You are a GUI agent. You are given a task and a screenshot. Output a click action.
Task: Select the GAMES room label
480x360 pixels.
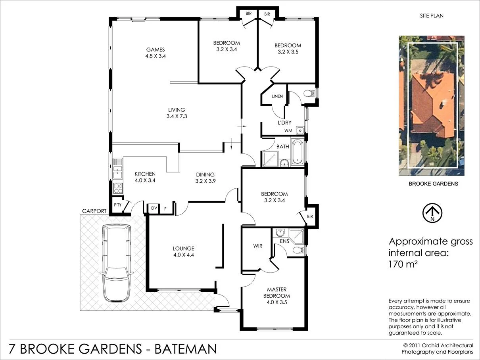(x=156, y=50)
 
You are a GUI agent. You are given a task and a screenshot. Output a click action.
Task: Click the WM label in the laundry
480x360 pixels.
(x=288, y=130)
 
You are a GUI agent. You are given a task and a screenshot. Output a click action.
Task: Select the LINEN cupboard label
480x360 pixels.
(x=277, y=96)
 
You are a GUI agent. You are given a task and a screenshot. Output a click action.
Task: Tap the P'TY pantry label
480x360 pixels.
(x=117, y=205)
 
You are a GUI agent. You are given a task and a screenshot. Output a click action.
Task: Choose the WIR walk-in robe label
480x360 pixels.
(x=258, y=246)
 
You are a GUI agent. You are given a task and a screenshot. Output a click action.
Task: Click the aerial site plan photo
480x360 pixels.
(x=432, y=106)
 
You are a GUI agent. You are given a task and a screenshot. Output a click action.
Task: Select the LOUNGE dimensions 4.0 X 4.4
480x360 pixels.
(x=183, y=255)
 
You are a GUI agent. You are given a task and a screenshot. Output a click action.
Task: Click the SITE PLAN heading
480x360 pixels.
(x=432, y=16)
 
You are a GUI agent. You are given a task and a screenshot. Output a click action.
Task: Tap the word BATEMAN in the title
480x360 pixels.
(x=185, y=349)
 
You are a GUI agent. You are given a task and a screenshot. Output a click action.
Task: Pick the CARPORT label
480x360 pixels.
(x=94, y=211)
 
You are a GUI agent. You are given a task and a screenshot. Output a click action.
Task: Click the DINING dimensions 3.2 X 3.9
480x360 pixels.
(x=205, y=181)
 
